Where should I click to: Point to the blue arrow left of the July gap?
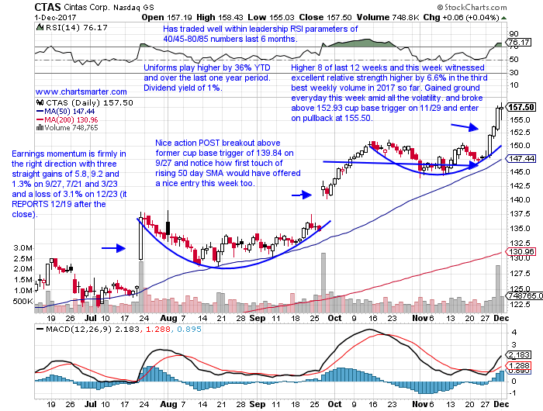coord(113,248)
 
